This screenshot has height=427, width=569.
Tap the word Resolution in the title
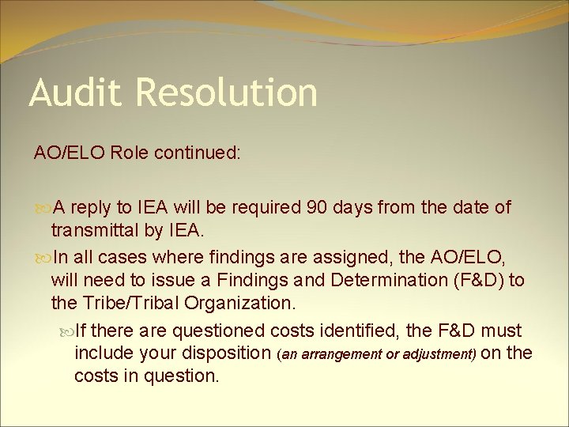coord(227,93)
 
